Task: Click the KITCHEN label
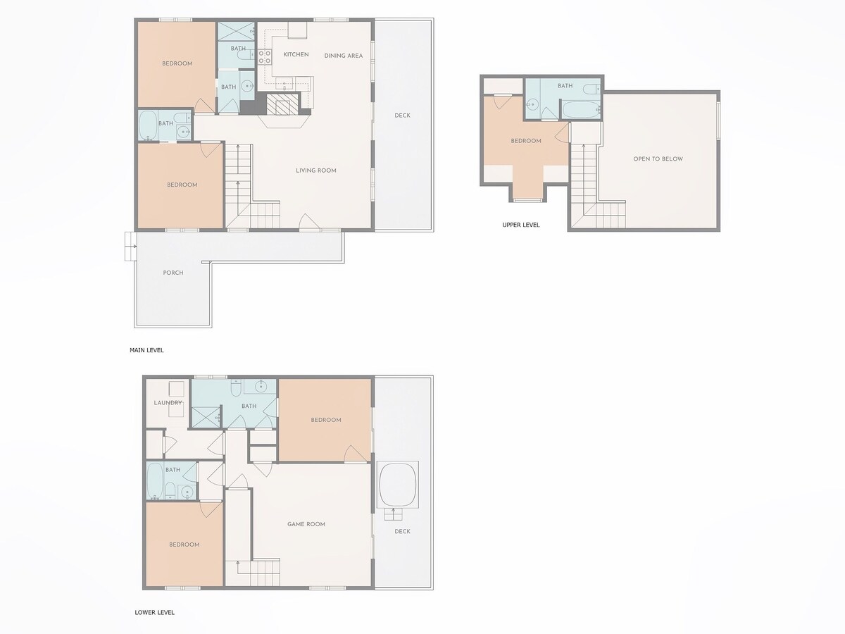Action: tap(296, 55)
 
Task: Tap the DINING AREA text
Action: tap(344, 56)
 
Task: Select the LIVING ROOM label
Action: tap(316, 170)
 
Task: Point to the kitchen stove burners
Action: tap(265, 56)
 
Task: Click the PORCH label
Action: tap(173, 273)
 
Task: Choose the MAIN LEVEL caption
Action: tap(146, 350)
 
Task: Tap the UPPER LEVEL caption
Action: tap(521, 225)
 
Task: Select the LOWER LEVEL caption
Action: tap(154, 612)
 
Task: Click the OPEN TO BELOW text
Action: tap(658, 159)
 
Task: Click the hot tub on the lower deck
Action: tap(398, 484)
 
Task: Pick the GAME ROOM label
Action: tap(306, 524)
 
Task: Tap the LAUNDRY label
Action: tap(168, 403)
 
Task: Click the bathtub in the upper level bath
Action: tap(581, 109)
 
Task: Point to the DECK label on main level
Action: tap(402, 116)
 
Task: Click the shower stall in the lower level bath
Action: tap(206, 416)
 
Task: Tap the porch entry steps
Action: tap(130, 247)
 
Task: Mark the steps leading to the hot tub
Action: tap(393, 514)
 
